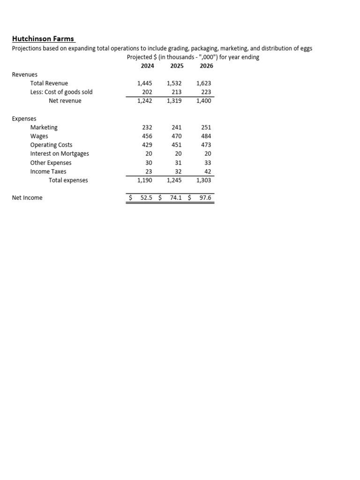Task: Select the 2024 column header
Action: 147,66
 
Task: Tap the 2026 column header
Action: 206,66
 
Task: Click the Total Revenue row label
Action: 49,83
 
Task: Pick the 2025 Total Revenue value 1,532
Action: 174,83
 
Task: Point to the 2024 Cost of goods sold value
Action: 147,92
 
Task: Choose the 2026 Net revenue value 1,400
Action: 204,101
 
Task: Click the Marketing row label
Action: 44,127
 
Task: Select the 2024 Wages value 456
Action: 147,136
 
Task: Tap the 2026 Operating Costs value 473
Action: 206,145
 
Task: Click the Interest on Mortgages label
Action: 60,154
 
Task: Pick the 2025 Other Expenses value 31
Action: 178,163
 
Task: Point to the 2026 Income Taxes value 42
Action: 208,172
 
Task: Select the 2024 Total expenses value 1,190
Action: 144,180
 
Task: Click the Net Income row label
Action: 27,198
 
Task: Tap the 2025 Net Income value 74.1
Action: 176,198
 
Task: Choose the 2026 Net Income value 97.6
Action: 205,198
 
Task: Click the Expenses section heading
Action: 24,119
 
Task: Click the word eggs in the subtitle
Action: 305,49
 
